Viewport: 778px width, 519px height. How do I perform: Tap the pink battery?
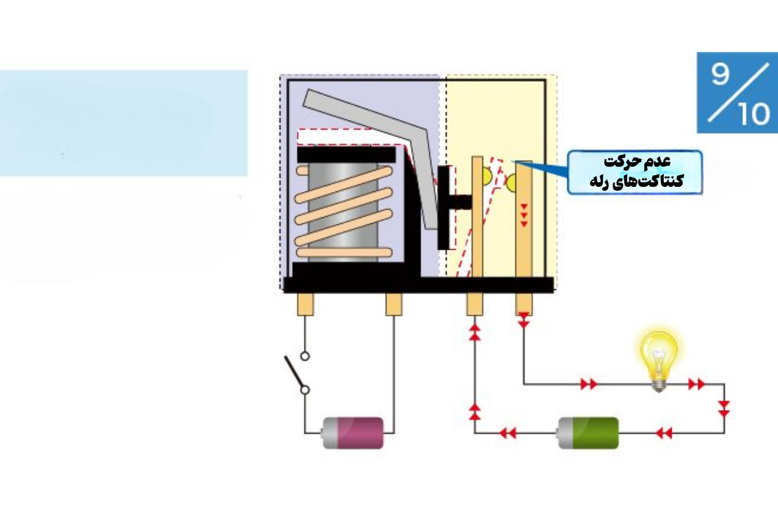(x=353, y=433)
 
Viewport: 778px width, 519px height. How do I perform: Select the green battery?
(x=587, y=433)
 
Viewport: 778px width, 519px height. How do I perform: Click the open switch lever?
(x=294, y=372)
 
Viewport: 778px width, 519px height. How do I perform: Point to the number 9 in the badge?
(x=720, y=75)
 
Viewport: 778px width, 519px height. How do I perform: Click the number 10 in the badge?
(x=753, y=114)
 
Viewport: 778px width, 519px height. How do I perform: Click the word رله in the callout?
(x=601, y=182)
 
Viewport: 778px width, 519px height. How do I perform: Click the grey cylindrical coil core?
(x=343, y=212)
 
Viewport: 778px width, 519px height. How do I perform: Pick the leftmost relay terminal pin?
(x=305, y=304)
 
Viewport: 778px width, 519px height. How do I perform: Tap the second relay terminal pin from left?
(x=394, y=304)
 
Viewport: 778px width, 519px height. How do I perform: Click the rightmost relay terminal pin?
(x=524, y=304)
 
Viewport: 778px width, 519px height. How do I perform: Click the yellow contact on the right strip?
(x=512, y=182)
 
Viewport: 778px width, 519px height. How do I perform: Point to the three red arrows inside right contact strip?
(x=524, y=215)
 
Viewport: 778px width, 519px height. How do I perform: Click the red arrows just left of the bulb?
(x=589, y=384)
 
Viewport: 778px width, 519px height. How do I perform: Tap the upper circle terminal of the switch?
(x=305, y=356)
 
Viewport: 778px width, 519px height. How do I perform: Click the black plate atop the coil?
(x=346, y=154)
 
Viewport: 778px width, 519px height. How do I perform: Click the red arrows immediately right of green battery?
(x=663, y=433)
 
